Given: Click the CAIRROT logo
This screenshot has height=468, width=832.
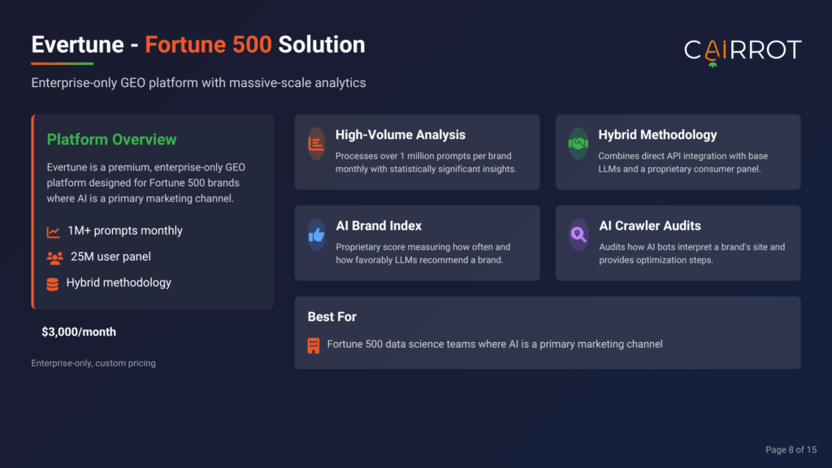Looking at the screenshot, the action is (743, 52).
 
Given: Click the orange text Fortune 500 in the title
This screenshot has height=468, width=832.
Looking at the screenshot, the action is (208, 45).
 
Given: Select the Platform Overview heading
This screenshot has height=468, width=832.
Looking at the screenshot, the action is (111, 140).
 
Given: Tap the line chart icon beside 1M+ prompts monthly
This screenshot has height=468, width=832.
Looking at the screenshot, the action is (53, 232).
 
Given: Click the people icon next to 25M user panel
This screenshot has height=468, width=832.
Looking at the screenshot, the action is (54, 258).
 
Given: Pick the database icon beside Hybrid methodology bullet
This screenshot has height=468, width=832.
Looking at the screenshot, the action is (53, 284).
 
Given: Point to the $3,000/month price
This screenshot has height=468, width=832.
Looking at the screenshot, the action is (79, 332).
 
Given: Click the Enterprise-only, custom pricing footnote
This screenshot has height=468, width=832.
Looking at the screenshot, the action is (93, 363).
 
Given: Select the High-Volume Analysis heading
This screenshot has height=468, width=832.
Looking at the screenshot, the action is (400, 135).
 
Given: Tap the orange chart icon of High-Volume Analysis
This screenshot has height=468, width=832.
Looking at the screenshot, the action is (316, 143).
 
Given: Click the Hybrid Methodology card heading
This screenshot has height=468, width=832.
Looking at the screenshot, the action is (657, 135).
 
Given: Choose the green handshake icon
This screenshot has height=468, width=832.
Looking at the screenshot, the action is (578, 143).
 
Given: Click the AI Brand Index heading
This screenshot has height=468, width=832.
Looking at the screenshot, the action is (379, 226).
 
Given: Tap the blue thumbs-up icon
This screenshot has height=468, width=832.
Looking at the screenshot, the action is (317, 235).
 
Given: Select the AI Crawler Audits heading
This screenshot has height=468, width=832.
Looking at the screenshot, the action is (650, 226).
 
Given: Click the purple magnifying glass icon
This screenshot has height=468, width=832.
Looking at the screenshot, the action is (578, 235).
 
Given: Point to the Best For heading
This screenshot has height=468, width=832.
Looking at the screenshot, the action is (332, 317).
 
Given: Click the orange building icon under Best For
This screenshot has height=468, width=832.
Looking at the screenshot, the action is (314, 345).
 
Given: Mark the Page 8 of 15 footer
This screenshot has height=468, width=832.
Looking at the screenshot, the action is (791, 450).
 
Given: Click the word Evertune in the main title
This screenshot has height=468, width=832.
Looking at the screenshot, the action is (77, 45).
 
